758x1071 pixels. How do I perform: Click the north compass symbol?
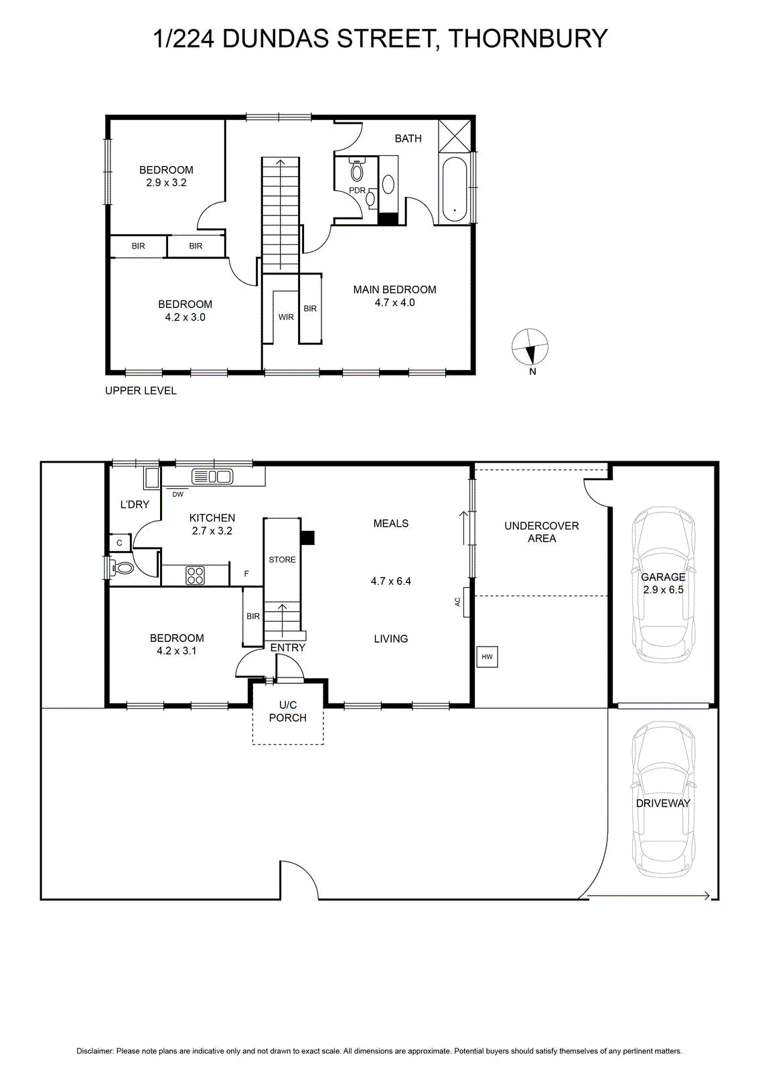530,347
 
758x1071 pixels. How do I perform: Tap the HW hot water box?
487,657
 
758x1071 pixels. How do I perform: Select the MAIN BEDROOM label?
394,289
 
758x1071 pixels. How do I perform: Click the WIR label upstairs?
286,317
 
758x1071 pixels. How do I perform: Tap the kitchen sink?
212,477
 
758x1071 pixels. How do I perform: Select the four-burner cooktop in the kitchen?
195,576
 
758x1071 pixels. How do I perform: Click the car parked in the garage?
664,585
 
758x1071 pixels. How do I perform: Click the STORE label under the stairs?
282,560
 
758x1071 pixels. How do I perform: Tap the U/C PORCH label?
288,711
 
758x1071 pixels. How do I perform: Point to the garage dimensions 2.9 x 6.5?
664,590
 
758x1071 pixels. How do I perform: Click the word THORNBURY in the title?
528,38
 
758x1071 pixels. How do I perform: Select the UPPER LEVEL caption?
141,391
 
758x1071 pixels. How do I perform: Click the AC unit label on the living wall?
457,602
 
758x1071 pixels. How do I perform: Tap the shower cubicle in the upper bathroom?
455,136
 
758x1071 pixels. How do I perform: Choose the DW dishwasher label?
178,495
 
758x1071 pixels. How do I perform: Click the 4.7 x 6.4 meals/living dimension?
390,581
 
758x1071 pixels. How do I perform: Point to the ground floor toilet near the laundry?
123,568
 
